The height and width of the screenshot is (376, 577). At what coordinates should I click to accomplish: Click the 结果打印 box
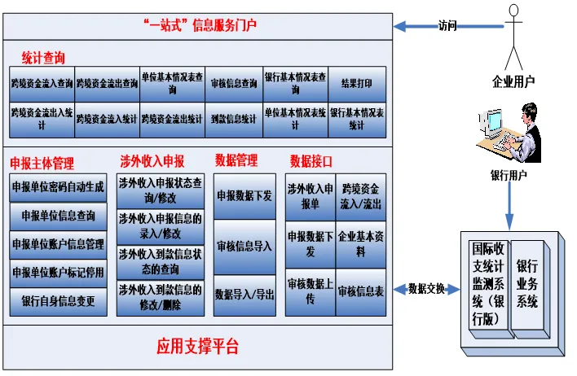[356, 83]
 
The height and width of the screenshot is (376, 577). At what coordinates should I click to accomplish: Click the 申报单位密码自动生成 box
[58, 187]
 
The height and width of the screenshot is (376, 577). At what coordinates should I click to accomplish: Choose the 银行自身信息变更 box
[58, 301]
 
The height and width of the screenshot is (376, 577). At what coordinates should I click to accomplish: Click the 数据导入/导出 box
[244, 293]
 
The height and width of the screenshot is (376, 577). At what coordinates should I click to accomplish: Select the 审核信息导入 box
[244, 245]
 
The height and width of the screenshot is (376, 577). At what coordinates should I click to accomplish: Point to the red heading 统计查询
[43, 57]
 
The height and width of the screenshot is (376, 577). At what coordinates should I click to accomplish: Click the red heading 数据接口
[311, 160]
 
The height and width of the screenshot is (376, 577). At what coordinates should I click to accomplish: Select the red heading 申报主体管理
[52, 162]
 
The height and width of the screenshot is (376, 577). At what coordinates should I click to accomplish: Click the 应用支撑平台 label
[198, 347]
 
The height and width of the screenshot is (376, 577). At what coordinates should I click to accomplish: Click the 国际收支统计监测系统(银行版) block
[487, 284]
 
